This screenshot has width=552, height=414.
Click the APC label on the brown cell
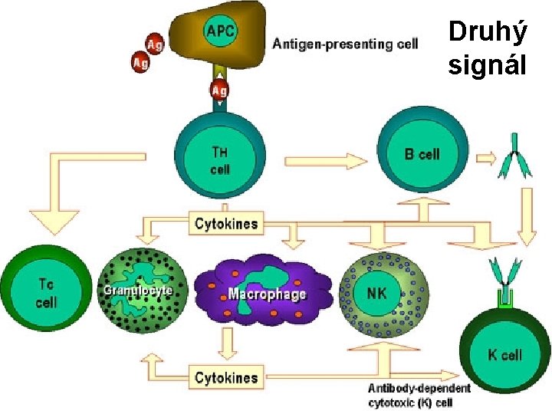coord(221,31)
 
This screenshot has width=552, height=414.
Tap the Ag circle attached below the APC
coord(219,90)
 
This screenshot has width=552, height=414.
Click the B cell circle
coord(422,153)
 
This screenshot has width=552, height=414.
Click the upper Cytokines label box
coord(227,224)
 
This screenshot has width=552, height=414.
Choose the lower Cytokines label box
coord(226,377)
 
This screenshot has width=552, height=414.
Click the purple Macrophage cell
coord(264,292)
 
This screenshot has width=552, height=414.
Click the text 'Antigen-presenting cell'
coord(346,44)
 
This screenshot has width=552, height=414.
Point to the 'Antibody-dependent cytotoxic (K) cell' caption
coord(419,396)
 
